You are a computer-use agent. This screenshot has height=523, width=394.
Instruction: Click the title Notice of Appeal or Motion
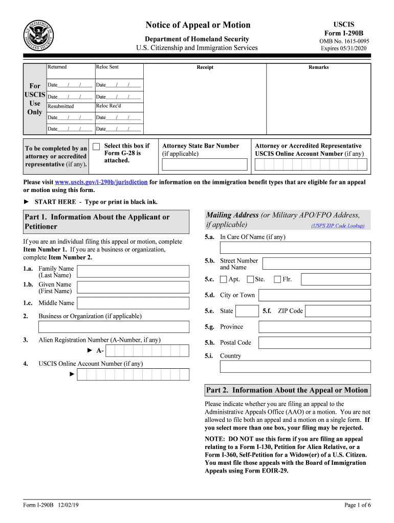click(x=198, y=25)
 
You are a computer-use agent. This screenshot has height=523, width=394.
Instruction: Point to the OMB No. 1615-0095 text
click(x=344, y=41)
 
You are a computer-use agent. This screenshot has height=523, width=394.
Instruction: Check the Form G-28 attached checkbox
click(x=96, y=147)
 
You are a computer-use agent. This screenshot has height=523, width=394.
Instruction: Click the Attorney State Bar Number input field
click(x=205, y=164)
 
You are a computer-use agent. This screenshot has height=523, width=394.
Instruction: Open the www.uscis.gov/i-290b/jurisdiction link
click(x=101, y=182)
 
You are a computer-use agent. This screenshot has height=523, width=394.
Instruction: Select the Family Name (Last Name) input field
click(x=133, y=271)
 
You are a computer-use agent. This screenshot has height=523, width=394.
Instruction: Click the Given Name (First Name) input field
click(x=133, y=287)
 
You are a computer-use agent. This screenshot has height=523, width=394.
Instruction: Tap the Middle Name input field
click(x=133, y=303)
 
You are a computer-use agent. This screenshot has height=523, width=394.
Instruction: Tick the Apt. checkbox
click(x=224, y=279)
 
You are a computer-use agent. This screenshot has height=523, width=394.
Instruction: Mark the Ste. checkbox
click(x=250, y=279)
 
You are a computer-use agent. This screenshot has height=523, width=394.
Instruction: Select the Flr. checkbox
click(x=277, y=279)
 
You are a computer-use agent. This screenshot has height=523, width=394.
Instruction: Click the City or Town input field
click(x=314, y=295)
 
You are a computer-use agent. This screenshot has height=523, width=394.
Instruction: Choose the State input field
click(x=248, y=311)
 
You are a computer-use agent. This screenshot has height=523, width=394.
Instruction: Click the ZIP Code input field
click(x=338, y=311)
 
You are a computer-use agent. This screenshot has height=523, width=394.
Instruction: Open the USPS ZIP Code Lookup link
click(x=338, y=226)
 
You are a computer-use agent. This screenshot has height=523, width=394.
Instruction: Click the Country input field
click(x=295, y=367)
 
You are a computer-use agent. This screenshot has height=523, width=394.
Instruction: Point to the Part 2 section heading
click(x=287, y=390)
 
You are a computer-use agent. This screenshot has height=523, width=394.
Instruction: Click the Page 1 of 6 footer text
click(x=357, y=505)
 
